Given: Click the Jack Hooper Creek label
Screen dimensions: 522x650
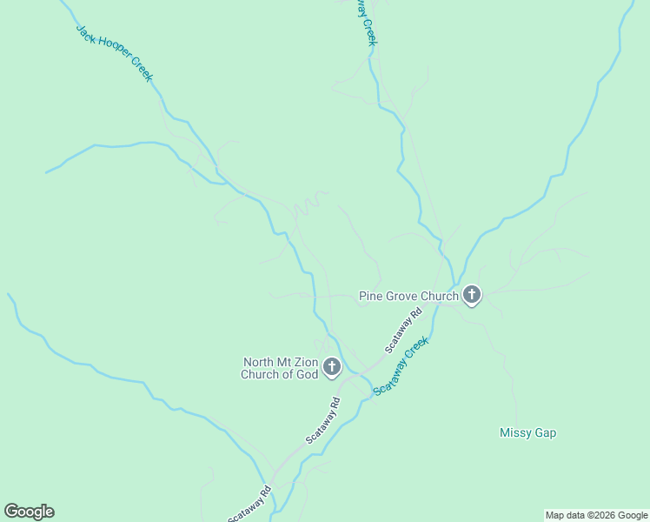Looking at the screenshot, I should coord(114,53).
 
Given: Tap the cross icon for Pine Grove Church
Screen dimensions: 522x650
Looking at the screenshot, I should coord(472,296).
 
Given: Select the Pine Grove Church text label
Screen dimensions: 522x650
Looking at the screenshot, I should coord(408,297).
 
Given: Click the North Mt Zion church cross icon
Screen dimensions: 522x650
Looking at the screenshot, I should coord(332,368).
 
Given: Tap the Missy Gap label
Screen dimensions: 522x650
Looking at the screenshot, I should coord(527,432).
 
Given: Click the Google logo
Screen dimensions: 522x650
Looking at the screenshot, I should coord(29,512).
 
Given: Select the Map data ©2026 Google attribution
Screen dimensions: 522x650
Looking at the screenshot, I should coord(596,515).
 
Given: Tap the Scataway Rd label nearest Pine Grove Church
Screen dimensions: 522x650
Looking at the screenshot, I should coord(404,330).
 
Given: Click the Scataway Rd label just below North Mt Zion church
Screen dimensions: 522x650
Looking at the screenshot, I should coord(322,422).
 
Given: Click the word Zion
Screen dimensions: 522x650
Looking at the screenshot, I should coord(301,363).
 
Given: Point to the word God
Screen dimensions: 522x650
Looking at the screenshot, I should coord(306,375).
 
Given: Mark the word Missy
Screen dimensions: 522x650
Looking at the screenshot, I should coord(514,432).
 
